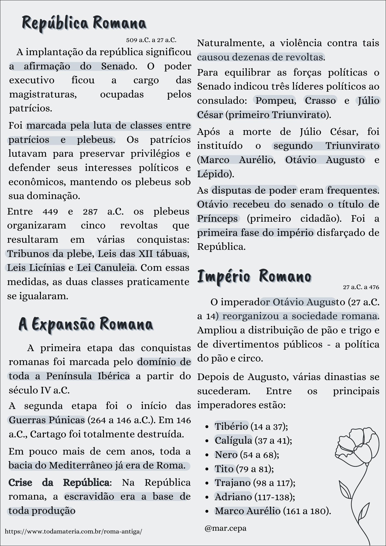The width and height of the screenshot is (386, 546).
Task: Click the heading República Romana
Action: click(x=84, y=23)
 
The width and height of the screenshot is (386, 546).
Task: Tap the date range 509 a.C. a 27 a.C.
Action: click(x=151, y=40)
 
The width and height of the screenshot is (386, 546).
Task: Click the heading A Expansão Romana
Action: click(x=86, y=324)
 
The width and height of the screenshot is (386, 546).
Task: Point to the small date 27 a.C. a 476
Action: click(x=361, y=287)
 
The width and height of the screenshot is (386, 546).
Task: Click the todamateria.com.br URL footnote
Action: click(x=73, y=531)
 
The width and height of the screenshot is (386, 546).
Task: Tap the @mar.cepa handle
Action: click(x=225, y=528)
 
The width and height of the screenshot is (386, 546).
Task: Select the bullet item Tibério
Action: click(x=231, y=426)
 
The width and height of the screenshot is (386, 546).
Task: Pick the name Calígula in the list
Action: click(x=233, y=440)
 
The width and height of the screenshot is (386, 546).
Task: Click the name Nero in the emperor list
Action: click(x=226, y=455)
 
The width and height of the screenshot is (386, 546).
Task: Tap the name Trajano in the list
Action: click(x=232, y=483)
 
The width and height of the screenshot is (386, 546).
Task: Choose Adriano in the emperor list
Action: click(x=233, y=497)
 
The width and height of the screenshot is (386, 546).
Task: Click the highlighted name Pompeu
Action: click(x=275, y=100)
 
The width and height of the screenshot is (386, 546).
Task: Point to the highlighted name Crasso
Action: click(x=320, y=100)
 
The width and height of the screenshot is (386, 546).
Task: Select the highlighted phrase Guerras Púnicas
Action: click(x=47, y=420)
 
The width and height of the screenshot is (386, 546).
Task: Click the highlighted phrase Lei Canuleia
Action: click(x=106, y=268)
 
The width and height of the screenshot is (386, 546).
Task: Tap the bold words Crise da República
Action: click(x=59, y=482)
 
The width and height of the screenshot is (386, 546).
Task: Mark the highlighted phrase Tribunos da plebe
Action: click(x=49, y=254)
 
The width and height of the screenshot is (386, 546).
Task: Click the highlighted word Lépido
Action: click(x=213, y=174)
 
